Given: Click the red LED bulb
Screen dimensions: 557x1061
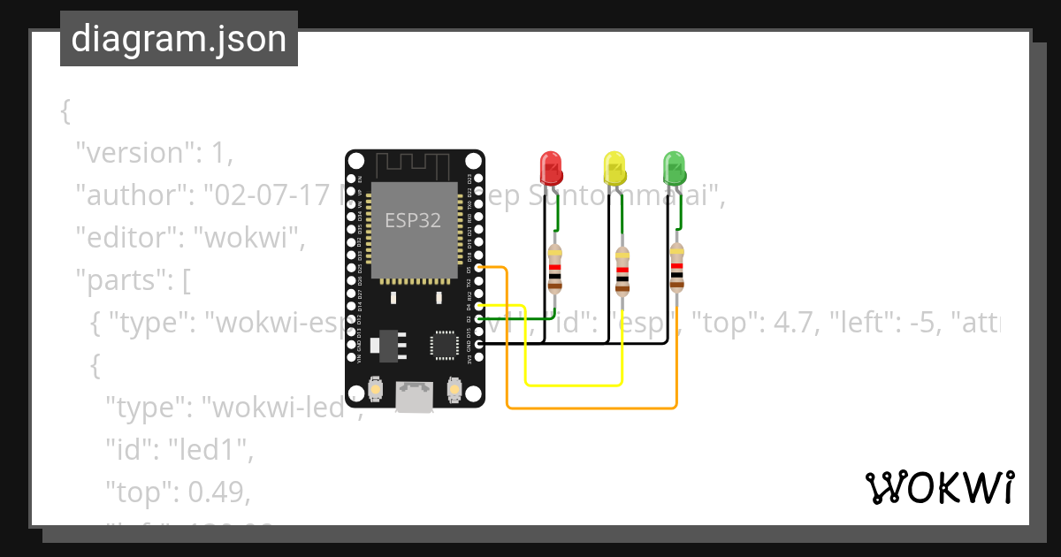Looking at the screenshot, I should (x=550, y=167).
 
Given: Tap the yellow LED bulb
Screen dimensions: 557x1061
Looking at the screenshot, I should (x=613, y=167).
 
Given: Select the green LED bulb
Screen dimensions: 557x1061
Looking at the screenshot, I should (x=674, y=167).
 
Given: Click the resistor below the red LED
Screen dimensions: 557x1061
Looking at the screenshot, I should (x=554, y=269).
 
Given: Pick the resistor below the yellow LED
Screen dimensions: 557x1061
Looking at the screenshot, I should (x=622, y=271).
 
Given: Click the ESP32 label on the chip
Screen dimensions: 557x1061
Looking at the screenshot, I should (x=413, y=220).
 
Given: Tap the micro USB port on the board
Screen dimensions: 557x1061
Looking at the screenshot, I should (x=414, y=396).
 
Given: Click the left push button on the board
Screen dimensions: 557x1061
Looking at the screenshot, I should (x=375, y=389).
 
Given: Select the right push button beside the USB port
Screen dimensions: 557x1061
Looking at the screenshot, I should (x=455, y=389).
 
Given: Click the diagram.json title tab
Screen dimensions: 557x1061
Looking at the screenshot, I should (x=179, y=39).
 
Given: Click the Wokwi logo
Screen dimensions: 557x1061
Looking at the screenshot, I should (x=939, y=487).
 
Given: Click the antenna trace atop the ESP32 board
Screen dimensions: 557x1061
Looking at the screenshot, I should (x=414, y=166).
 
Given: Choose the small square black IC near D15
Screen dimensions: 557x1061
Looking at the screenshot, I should (x=442, y=345).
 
